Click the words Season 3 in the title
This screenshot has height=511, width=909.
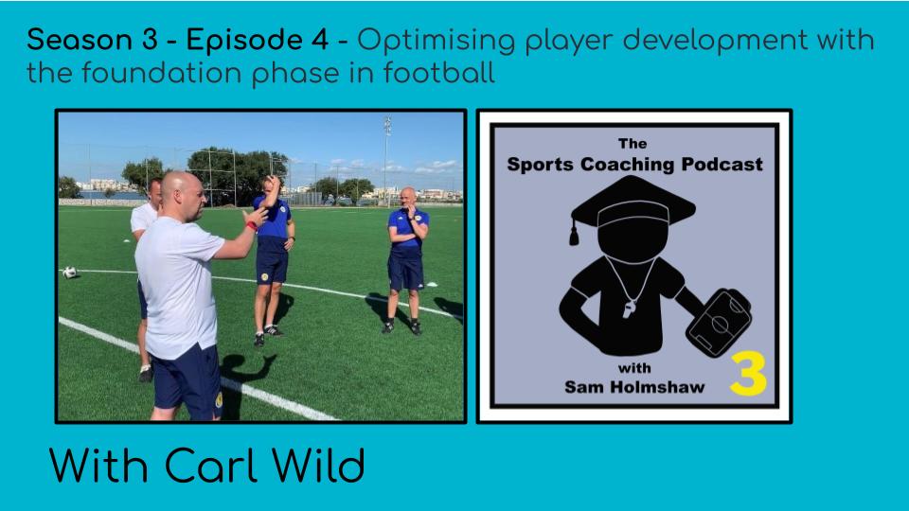click(x=92, y=40)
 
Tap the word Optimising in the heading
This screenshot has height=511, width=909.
click(x=436, y=41)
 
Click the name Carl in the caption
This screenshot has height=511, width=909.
click(x=210, y=465)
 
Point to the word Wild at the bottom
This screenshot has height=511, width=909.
click(x=319, y=465)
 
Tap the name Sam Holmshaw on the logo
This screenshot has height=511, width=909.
click(x=634, y=386)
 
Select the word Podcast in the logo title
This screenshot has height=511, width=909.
click(x=722, y=165)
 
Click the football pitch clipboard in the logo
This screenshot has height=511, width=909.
click(x=720, y=322)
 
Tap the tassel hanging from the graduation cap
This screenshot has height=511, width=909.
click(x=574, y=233)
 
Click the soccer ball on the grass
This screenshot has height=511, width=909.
click(x=69, y=273)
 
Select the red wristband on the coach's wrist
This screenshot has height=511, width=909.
click(x=252, y=225)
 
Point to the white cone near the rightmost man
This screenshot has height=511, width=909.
click(x=433, y=284)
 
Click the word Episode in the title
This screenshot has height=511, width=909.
click(x=258, y=40)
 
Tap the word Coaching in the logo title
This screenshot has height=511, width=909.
click(x=628, y=165)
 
